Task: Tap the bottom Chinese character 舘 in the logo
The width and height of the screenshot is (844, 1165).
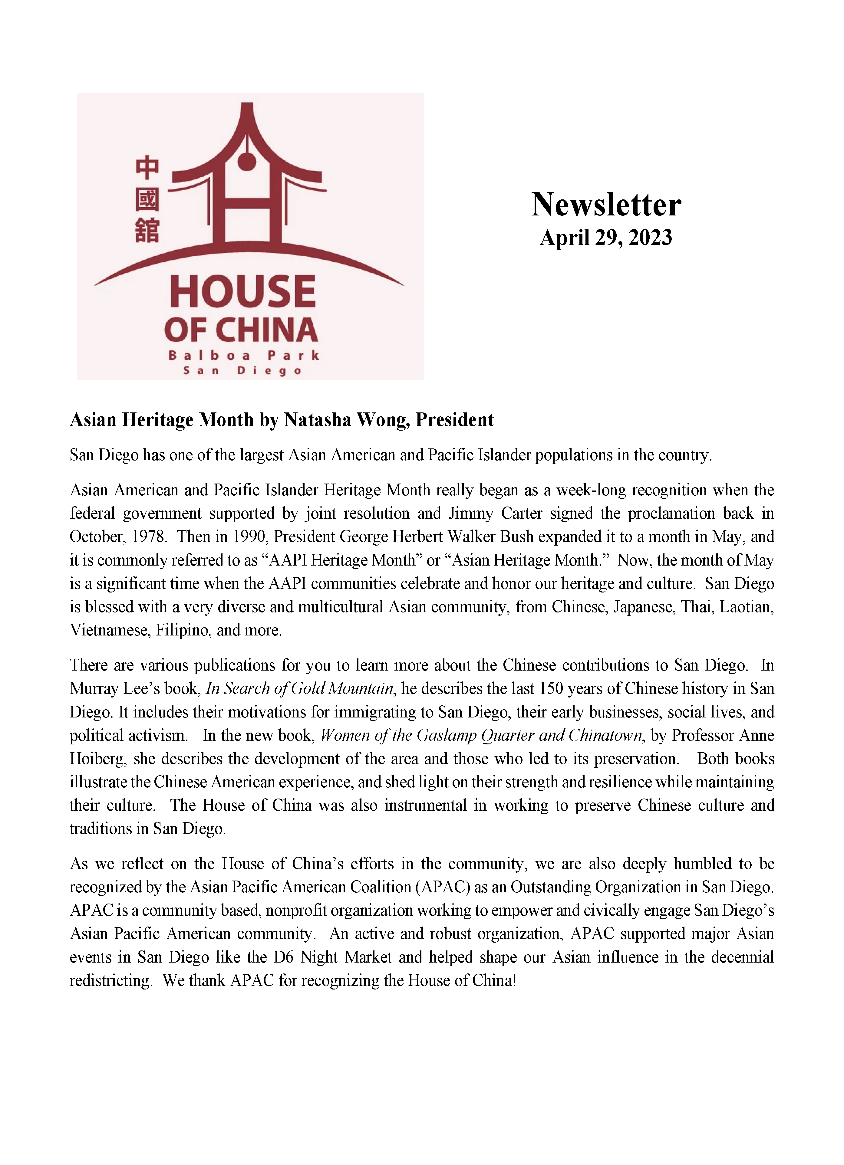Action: tap(147, 231)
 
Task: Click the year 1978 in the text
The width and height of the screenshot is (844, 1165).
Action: tap(149, 537)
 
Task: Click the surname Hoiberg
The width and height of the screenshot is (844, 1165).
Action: tap(98, 759)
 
